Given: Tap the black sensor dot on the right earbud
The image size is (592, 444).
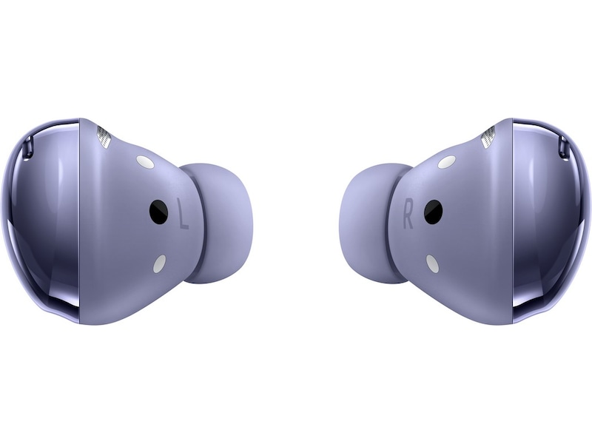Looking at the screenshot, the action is click(x=433, y=212).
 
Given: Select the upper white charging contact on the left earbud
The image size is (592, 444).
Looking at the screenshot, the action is click(x=145, y=162).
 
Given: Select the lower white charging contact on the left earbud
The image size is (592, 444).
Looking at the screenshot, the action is click(x=159, y=263).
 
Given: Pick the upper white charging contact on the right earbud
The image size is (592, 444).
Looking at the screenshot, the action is click(x=447, y=162).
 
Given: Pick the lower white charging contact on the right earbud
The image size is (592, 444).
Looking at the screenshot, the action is click(x=432, y=263).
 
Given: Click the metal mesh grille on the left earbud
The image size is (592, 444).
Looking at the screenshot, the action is click(x=104, y=137).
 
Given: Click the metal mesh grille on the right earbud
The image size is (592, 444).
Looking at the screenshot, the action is click(x=488, y=137).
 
